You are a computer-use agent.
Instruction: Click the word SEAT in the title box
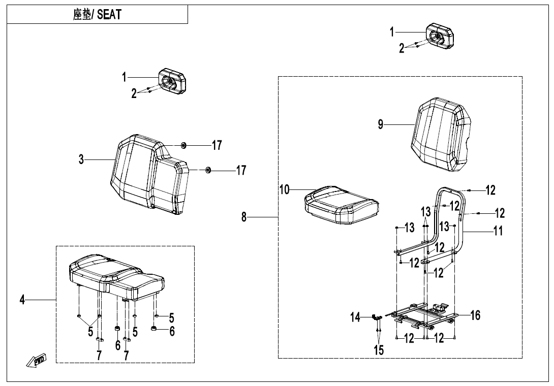tap(109, 15)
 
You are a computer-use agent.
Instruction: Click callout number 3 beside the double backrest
tap(81, 159)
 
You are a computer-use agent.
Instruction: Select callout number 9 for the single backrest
tap(381, 124)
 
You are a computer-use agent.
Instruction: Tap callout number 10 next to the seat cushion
tap(284, 190)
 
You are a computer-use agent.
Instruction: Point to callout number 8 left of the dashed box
tap(244, 217)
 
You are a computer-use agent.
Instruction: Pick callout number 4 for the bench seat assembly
tap(22, 300)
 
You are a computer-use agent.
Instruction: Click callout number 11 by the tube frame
tap(498, 231)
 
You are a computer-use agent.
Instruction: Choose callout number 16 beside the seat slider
tap(475, 315)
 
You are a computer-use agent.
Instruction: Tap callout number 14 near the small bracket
tap(355, 317)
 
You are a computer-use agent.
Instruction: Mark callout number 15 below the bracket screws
tap(379, 350)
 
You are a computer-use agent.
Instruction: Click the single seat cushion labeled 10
tap(341, 204)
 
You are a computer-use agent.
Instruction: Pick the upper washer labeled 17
tap(183, 146)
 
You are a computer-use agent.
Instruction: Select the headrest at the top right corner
tap(438, 36)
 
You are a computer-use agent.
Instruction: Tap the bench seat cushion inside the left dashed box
tap(114, 277)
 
